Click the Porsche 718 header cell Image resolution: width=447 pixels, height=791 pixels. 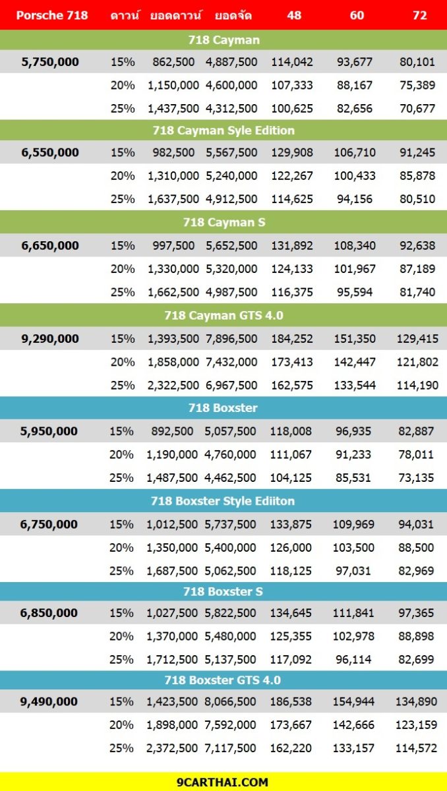[52, 15]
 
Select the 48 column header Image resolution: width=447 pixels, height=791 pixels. [294, 15]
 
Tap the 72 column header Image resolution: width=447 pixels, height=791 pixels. [419, 15]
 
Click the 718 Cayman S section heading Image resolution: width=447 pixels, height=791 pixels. [224, 222]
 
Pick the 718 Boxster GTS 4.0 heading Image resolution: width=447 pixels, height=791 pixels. [222, 680]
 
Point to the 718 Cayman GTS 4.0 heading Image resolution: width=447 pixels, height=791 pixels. [224, 315]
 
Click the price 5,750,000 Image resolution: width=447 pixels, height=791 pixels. [50, 62]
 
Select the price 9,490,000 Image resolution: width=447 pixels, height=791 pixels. [49, 701]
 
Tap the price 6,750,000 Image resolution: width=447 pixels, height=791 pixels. [49, 524]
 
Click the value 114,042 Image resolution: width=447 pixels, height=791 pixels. [291, 62]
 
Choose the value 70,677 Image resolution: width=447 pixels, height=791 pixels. [417, 108]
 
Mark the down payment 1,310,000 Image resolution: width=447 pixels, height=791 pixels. [173, 175]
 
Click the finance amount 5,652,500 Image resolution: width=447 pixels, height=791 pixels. [231, 245]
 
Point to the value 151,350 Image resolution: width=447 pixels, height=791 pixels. [355, 339]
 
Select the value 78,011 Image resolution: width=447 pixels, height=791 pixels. [415, 454]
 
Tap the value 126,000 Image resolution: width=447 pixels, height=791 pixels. [291, 547]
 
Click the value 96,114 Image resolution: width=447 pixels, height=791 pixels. [353, 659]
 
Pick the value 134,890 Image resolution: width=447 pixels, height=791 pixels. [416, 701]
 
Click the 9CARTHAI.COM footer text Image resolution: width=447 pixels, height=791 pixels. [222, 782]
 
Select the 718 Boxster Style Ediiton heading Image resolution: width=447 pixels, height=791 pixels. [222, 501]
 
